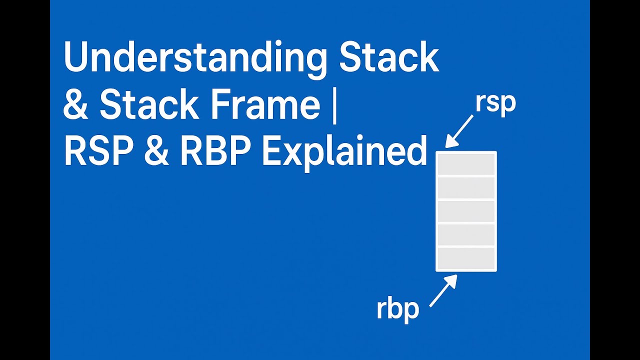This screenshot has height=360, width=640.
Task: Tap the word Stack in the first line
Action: click(388, 57)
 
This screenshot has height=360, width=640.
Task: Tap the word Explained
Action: click(344, 152)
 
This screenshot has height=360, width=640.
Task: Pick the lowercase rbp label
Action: click(397, 309)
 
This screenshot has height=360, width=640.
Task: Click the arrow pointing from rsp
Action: click(460, 131)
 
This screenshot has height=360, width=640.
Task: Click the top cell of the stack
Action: click(466, 164)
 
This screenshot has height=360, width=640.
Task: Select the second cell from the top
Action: click(466, 188)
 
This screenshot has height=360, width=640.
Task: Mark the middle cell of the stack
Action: click(466, 211)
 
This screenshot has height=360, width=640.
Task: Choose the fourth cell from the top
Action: click(466, 235)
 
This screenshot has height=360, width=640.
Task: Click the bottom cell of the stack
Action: click(466, 258)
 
